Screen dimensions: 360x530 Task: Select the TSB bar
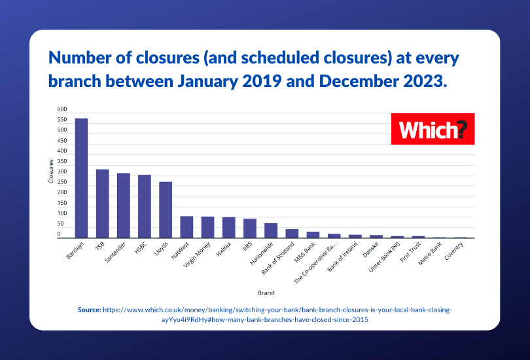point(102,204)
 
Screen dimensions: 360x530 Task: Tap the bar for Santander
point(123,206)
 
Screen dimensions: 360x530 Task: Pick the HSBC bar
point(145,206)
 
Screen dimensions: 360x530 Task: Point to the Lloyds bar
point(166,209)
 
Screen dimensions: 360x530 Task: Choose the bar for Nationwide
point(271,230)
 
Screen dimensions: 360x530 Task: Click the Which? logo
point(433,129)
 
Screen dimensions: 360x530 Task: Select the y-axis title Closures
point(51,171)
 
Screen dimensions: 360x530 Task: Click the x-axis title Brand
point(266,293)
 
